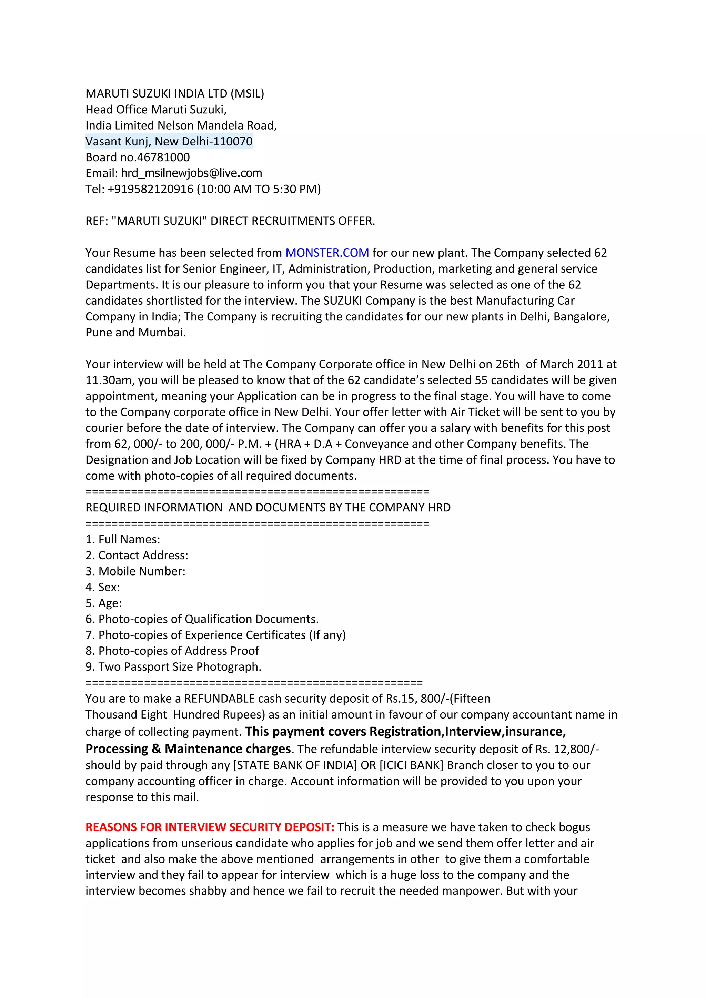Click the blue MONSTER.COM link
point(327,253)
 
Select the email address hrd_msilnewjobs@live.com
point(191,173)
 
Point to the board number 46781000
point(163,157)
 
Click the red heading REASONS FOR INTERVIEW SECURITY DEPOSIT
point(210,827)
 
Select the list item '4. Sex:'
point(103,587)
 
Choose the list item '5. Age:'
point(103,603)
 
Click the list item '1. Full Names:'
point(123,539)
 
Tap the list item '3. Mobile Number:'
point(135,571)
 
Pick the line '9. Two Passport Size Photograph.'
point(173,667)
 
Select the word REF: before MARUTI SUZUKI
point(97,221)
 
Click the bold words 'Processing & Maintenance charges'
point(188,749)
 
